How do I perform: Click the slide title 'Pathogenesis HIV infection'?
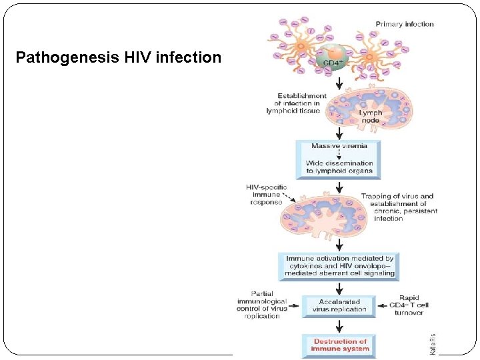pyautogui.click(x=118, y=57)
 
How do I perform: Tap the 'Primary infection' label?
pyautogui.click(x=405, y=24)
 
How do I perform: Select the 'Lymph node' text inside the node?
pyautogui.click(x=371, y=117)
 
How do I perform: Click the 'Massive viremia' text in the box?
pyautogui.click(x=339, y=146)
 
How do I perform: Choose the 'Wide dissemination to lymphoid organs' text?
pyautogui.click(x=339, y=167)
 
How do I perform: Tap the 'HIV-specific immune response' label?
pyautogui.click(x=267, y=195)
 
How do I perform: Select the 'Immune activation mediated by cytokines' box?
pyautogui.click(x=340, y=265)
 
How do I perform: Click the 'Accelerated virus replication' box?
pyautogui.click(x=339, y=305)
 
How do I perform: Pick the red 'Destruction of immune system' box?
pyautogui.click(x=339, y=345)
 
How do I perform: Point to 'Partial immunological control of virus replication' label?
pyautogui.click(x=262, y=305)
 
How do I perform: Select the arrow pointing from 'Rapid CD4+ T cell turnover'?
pyautogui.click(x=383, y=306)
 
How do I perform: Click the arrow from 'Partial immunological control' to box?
pyautogui.click(x=295, y=306)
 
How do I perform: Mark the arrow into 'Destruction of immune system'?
pyautogui.click(x=339, y=327)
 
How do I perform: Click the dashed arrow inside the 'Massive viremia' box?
pyautogui.click(x=339, y=155)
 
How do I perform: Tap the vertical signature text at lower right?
pyautogui.click(x=433, y=343)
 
